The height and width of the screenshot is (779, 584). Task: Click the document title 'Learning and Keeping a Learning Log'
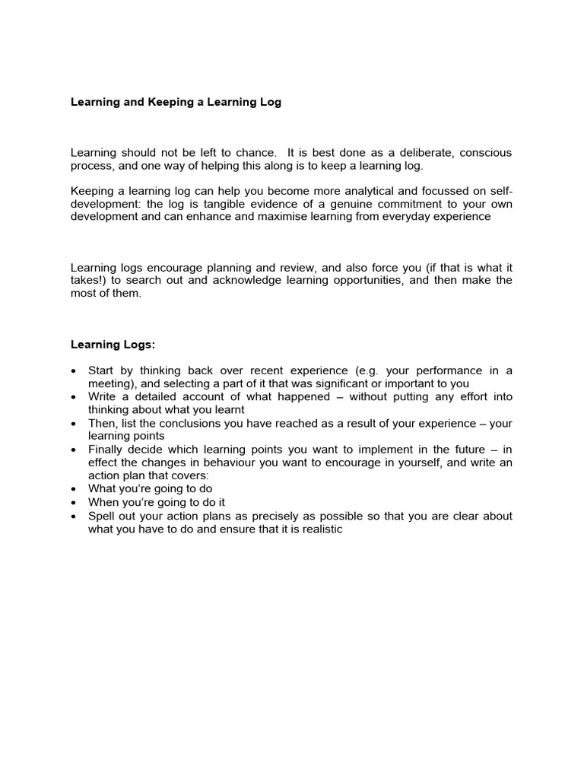point(176,102)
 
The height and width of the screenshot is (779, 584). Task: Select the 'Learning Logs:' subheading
point(113,344)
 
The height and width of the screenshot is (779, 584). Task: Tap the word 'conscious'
point(485,153)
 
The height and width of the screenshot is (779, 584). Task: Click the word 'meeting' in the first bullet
point(109,383)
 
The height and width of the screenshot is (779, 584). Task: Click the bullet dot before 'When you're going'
point(73,503)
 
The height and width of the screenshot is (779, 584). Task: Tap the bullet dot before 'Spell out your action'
point(73,516)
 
